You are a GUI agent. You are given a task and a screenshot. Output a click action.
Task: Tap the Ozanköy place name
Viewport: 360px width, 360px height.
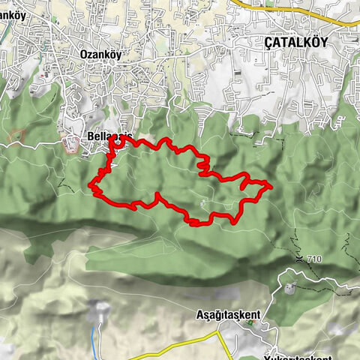[100, 54]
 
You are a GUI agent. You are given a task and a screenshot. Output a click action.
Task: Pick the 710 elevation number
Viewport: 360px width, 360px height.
[313, 259]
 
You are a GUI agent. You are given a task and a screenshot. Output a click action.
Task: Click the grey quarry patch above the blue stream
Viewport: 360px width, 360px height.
[100, 311]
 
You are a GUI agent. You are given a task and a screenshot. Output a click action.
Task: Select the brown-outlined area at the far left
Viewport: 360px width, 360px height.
[17, 136]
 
